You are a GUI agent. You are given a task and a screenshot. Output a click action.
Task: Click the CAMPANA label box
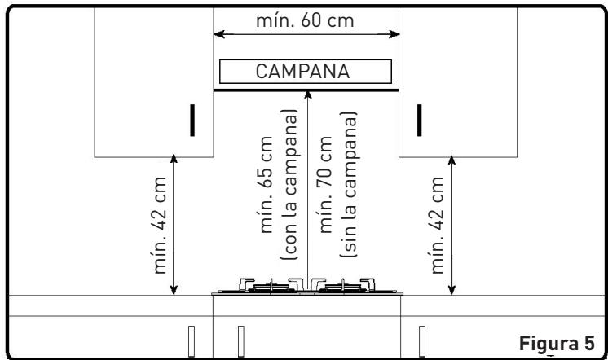(x=306, y=72)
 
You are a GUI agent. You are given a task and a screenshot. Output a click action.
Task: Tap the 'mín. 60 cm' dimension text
(x=305, y=20)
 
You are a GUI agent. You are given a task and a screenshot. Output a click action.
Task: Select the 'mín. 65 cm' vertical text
(x=267, y=184)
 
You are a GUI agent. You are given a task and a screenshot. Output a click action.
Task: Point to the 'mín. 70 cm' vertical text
(x=325, y=184)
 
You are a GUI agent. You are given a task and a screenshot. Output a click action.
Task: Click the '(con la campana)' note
(x=289, y=184)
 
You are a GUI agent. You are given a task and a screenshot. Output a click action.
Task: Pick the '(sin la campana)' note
(x=349, y=184)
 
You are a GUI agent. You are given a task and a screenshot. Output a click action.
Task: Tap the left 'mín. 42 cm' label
(x=160, y=225)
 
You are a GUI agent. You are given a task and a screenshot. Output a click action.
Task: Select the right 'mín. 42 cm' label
(x=437, y=225)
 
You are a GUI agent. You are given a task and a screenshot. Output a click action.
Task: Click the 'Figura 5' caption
(x=557, y=344)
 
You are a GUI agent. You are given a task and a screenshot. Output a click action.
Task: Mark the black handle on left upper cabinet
(x=192, y=120)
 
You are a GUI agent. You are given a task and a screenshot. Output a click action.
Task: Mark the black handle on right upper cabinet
(x=419, y=120)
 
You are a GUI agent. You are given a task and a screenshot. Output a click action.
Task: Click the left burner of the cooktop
(x=271, y=286)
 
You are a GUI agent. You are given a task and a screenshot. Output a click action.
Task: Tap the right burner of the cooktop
(x=343, y=286)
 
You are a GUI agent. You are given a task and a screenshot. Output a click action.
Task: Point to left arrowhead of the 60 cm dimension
(x=218, y=34)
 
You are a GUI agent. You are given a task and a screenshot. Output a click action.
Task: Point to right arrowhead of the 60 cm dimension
(x=394, y=34)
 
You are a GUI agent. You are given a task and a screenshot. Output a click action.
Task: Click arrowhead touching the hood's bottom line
(x=308, y=95)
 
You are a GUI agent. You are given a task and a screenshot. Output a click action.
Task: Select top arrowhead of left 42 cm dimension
(x=174, y=159)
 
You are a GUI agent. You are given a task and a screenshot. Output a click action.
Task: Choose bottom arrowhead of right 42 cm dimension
(x=452, y=290)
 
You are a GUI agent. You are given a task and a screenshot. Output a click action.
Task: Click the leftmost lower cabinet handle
(x=192, y=341)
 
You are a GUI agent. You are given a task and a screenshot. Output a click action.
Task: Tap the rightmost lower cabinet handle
(x=422, y=341)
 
